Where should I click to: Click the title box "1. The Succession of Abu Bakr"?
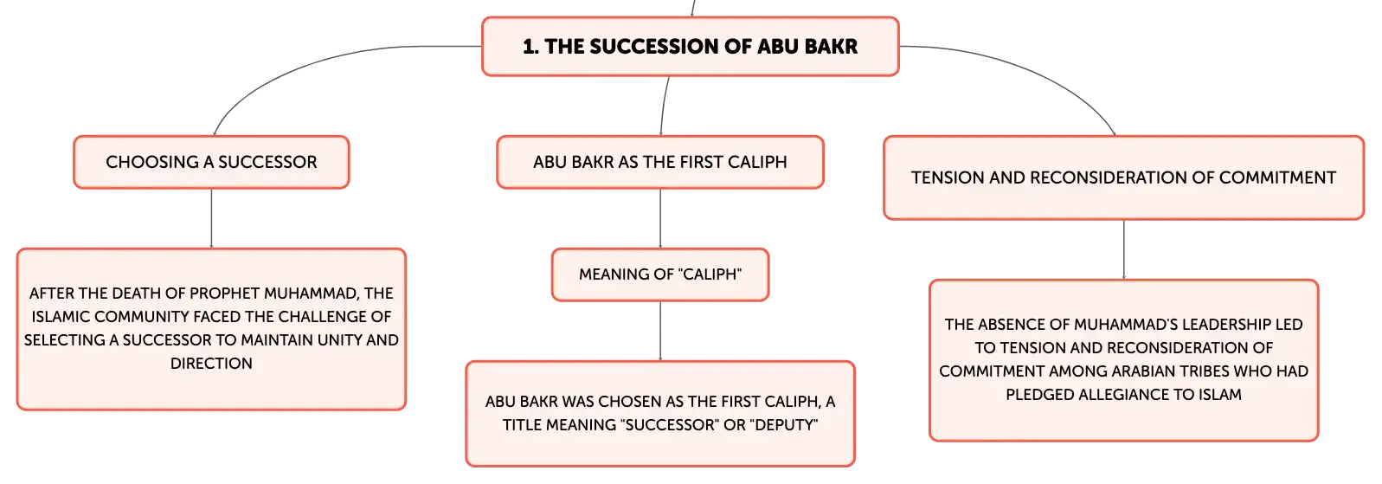click(x=691, y=46)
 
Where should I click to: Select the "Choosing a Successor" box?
click(x=212, y=162)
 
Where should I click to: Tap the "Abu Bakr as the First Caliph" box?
click(x=660, y=162)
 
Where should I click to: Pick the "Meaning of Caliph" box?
click(x=660, y=274)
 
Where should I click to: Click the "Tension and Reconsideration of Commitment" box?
click(x=1123, y=177)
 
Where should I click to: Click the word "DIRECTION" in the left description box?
click(x=212, y=364)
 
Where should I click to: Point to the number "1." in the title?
click(x=530, y=46)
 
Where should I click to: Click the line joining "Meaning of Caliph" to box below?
click(x=660, y=331)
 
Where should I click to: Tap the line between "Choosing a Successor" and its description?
click(x=212, y=218)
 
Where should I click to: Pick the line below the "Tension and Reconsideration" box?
click(x=1123, y=249)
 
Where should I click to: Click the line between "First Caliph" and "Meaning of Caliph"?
click(x=660, y=218)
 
